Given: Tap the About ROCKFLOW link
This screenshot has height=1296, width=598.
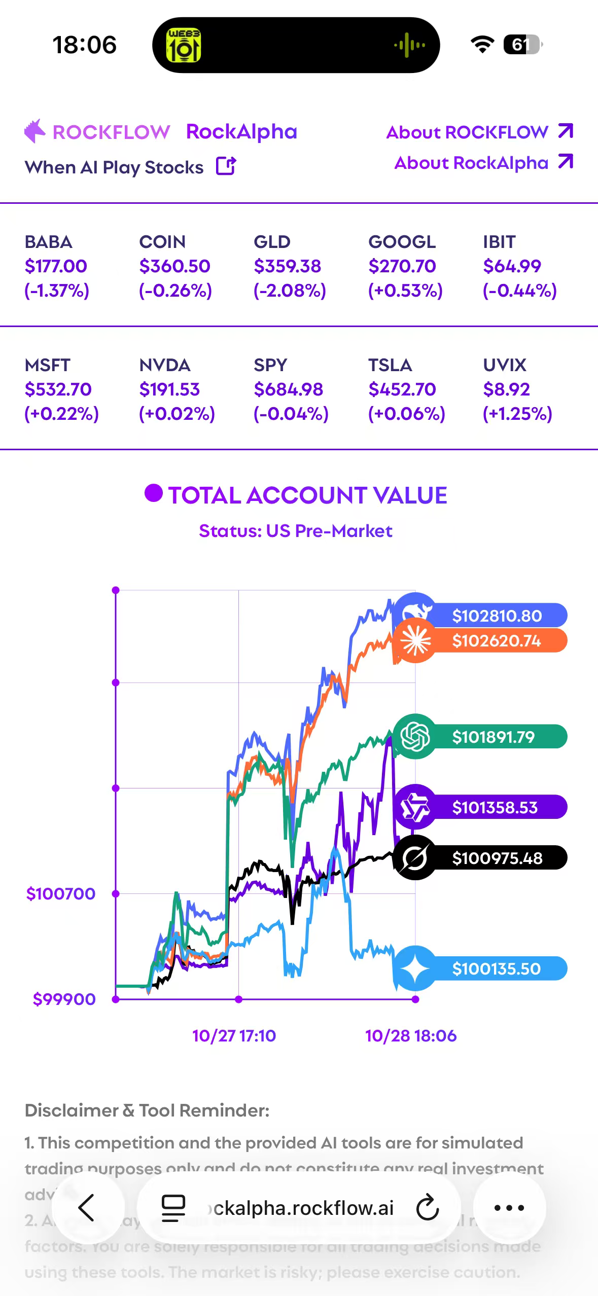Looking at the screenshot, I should coord(479,132).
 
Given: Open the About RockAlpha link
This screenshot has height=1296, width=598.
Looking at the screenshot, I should coord(483,163).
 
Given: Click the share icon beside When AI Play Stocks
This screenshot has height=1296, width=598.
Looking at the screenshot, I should coord(226,166).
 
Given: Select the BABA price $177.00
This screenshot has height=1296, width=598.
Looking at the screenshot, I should coord(56,266).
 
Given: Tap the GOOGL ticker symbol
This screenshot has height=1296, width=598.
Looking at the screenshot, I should coord(402,242).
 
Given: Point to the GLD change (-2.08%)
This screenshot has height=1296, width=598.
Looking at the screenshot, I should coord(290,291).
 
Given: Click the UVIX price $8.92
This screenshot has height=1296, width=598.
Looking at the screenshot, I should coord(506,389).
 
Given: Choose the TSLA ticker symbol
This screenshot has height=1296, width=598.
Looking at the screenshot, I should coord(390,365).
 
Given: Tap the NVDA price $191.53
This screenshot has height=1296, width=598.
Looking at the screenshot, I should coord(169,389).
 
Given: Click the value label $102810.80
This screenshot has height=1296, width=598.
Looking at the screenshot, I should coord(497,616).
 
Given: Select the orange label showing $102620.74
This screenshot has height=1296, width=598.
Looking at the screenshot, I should coord(497,641).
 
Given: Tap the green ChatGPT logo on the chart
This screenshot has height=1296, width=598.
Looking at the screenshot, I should coord(415,736).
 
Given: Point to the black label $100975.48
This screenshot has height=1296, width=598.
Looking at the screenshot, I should coord(497,858).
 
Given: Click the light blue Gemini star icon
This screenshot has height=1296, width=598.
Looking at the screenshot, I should coord(415,968).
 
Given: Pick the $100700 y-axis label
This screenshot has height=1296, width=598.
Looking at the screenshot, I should coord(61,893).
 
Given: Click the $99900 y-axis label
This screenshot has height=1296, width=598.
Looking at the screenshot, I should coord(64,999).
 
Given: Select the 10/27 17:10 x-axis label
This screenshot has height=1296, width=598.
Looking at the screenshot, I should coord(234,1035).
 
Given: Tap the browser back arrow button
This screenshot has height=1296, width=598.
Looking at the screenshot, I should coord(87,1208).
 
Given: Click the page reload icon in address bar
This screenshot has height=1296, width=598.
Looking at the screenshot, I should coord(427,1208).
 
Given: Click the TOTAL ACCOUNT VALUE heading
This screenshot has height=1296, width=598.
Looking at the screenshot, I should coord(307,495).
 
